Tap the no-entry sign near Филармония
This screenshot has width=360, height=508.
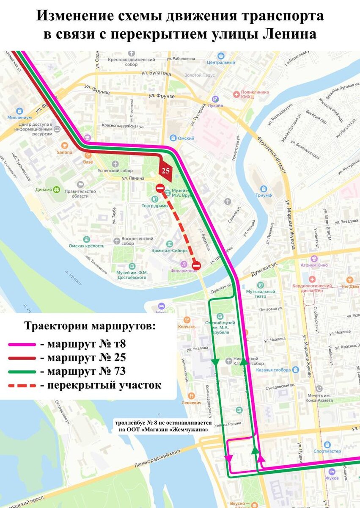(196, 265)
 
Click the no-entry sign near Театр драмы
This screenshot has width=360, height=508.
(159, 188)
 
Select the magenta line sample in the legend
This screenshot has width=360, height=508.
(22, 344)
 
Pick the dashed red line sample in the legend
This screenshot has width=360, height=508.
(22, 386)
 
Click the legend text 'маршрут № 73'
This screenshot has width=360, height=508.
(86, 372)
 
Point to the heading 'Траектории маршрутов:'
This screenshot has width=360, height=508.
(90, 327)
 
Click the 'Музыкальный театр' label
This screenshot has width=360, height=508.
(261, 294)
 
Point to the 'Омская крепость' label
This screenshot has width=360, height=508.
(87, 246)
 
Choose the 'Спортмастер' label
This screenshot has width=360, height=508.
(327, 451)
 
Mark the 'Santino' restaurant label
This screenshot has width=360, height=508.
(65, 152)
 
